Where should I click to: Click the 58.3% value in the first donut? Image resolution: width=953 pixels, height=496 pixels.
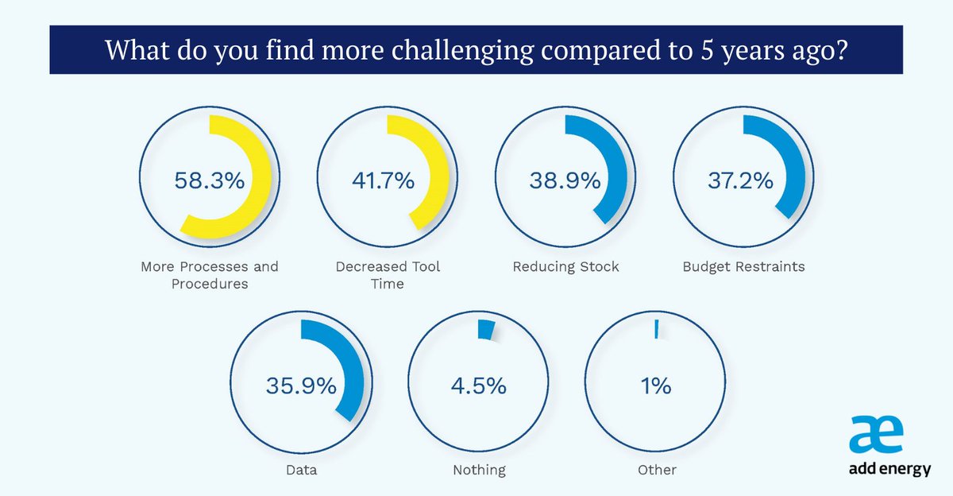click(x=208, y=181)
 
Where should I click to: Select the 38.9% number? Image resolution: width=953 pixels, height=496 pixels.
click(x=564, y=181)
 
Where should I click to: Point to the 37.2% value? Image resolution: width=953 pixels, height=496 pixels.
click(x=740, y=181)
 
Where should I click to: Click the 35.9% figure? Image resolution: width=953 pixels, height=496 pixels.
click(x=300, y=387)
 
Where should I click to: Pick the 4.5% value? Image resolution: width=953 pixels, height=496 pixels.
click(x=479, y=387)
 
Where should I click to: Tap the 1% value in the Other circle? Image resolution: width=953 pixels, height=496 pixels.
click(x=656, y=387)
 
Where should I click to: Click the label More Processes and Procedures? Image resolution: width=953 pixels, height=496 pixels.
click(x=210, y=275)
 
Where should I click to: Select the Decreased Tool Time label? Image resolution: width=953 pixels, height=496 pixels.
click(x=387, y=275)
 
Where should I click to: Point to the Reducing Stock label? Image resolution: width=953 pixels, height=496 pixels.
click(x=565, y=266)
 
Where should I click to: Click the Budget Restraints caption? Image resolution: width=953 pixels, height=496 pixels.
click(x=743, y=266)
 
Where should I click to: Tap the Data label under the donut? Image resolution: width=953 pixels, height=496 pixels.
click(x=301, y=470)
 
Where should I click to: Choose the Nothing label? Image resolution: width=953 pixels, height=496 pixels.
click(x=479, y=470)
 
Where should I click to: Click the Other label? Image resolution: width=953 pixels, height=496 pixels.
click(x=657, y=470)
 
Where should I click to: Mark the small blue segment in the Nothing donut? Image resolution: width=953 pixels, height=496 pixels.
click(x=485, y=330)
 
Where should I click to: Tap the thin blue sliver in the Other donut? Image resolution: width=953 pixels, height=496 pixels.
click(x=657, y=330)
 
